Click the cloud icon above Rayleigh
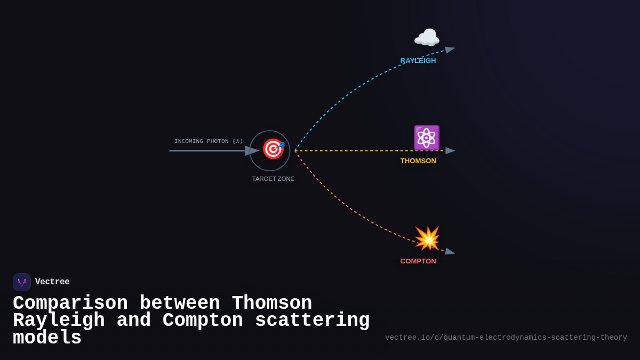[x=427, y=38]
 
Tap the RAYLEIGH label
[x=418, y=61]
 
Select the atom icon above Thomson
[x=427, y=138]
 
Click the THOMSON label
[x=418, y=161]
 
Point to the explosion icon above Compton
[x=427, y=238]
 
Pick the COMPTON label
[x=418, y=261]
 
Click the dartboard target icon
[x=273, y=149]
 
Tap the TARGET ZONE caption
[x=273, y=179]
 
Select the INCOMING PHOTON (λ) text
[x=209, y=141]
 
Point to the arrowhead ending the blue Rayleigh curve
[x=450, y=50]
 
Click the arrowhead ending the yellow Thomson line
[x=450, y=151]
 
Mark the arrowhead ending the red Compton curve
[x=450, y=251]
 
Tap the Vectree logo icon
[x=22, y=282]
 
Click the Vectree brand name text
[x=52, y=282]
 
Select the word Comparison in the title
[x=70, y=303]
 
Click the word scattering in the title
[x=312, y=321]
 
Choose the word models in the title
[x=47, y=338]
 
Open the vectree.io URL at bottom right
[x=506, y=338]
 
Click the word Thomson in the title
[x=272, y=303]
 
